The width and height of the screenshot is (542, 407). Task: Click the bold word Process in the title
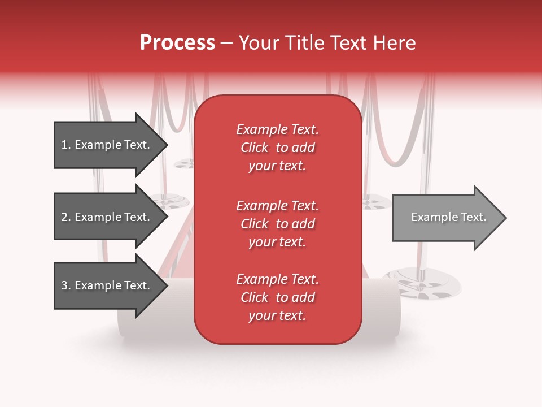177,42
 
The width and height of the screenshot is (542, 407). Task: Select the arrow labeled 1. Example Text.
107,145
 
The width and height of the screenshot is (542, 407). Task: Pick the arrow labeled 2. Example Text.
107,217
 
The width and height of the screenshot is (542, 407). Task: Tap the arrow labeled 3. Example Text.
107,285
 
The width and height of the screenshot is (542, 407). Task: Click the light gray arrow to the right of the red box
446,218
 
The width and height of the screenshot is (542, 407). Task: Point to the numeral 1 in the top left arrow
64,145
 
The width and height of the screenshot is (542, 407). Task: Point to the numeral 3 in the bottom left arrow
64,285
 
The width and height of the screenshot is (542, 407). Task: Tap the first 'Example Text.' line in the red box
277,129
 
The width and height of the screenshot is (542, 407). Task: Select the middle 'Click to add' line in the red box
277,224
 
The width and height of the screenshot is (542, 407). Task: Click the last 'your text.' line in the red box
277,315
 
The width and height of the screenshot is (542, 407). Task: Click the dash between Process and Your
227,43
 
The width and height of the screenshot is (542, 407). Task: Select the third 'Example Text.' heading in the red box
277,279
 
